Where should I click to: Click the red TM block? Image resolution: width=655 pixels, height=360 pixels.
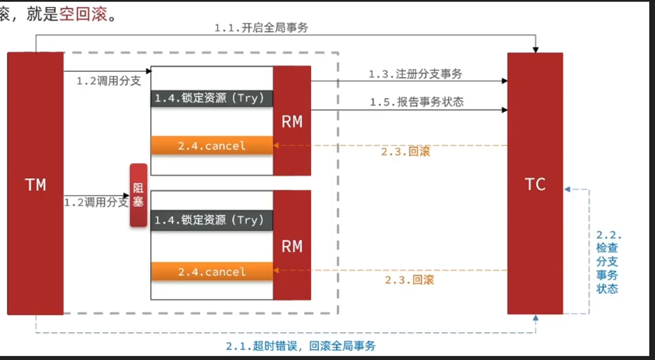[x=35, y=183]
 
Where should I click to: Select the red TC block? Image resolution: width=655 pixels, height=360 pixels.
[x=535, y=183]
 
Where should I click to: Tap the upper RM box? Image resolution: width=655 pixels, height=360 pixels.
[x=292, y=120]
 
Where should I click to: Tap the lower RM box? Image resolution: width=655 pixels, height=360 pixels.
[x=292, y=245]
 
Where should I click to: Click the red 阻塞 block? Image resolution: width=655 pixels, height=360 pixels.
[x=138, y=195]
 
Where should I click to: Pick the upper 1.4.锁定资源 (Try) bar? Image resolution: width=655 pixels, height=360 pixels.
[x=211, y=98]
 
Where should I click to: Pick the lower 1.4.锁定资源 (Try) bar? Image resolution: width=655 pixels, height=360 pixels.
[x=211, y=220]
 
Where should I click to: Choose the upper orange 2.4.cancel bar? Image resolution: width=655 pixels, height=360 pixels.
[x=211, y=146]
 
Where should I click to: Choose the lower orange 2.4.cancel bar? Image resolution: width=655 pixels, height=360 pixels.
[x=211, y=272]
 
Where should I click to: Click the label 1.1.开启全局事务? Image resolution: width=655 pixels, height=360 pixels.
[x=261, y=27]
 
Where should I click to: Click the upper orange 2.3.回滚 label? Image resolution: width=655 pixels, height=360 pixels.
[x=405, y=152]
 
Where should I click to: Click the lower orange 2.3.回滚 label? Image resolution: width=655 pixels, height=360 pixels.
[x=409, y=280]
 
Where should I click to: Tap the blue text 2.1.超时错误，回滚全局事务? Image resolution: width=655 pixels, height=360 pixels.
[x=301, y=346]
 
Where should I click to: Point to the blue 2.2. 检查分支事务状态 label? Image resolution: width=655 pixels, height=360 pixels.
[x=608, y=261]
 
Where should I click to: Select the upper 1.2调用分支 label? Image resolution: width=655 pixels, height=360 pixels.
[x=109, y=80]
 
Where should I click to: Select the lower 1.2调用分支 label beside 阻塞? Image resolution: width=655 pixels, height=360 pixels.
[x=96, y=202]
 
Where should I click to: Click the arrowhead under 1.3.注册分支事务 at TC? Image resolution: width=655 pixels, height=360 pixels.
[x=504, y=81]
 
